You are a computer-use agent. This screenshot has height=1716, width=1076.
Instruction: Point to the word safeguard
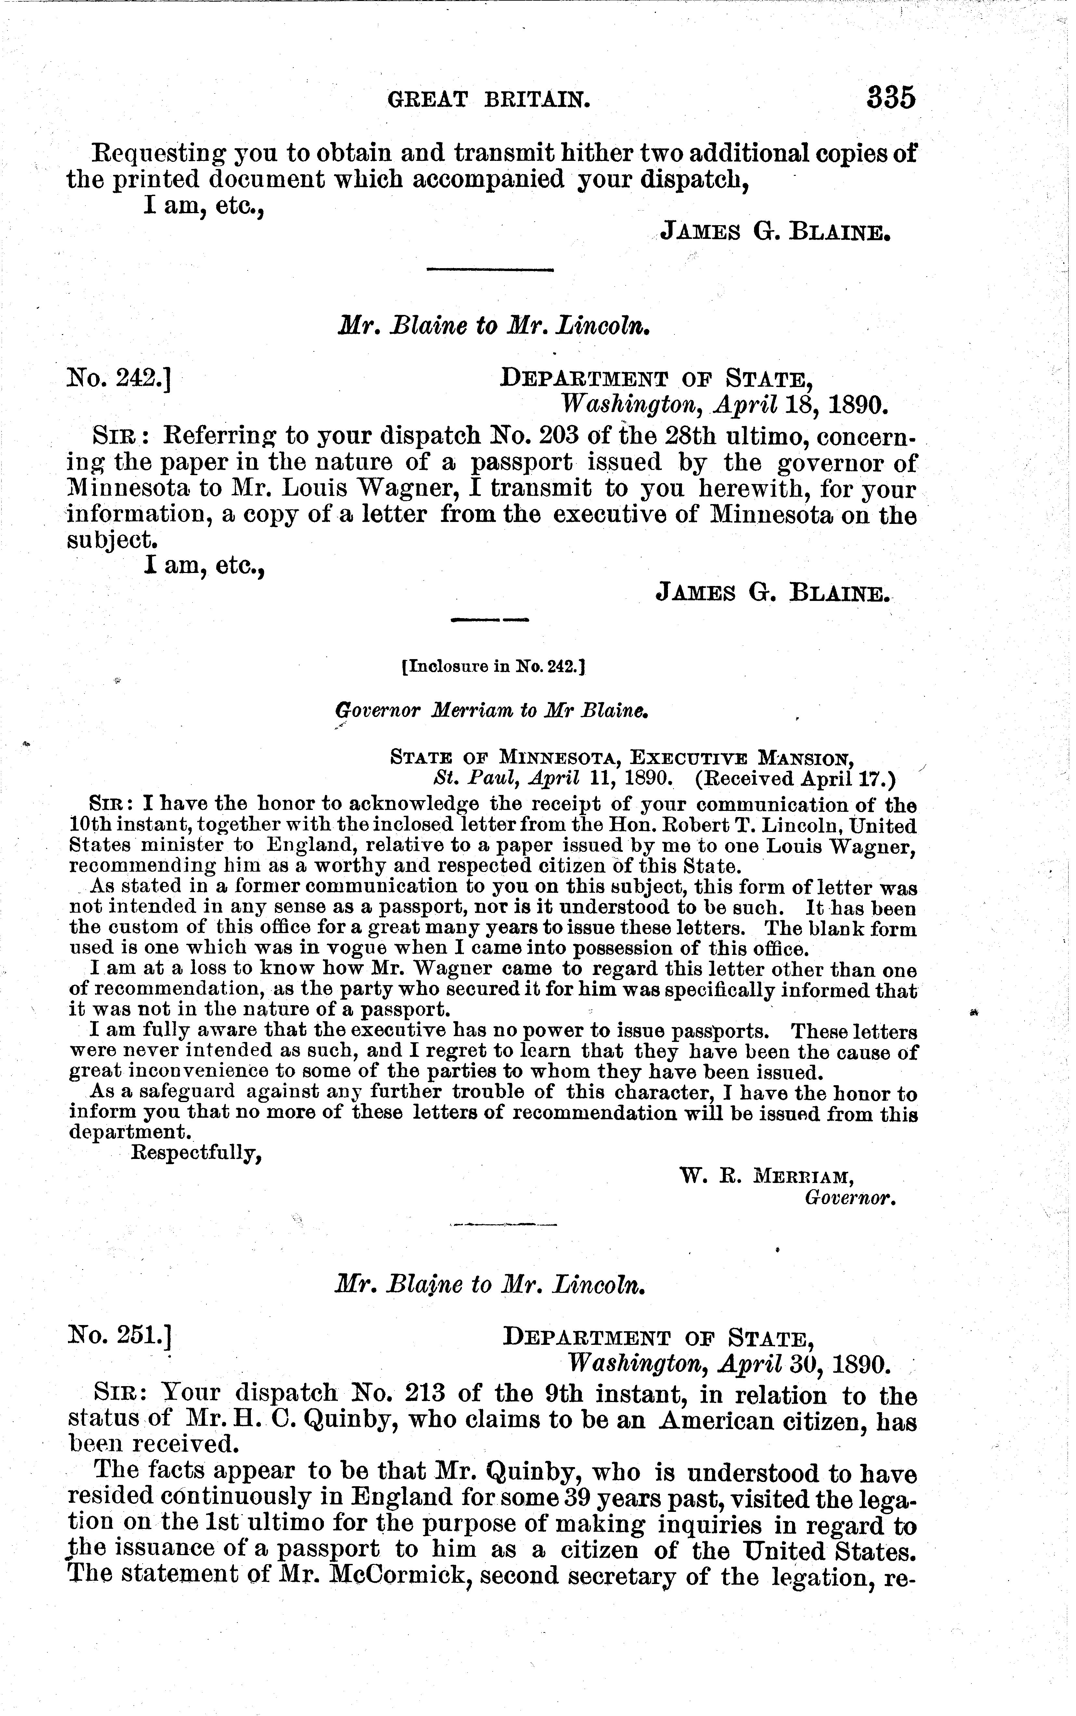pos(194,1092)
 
